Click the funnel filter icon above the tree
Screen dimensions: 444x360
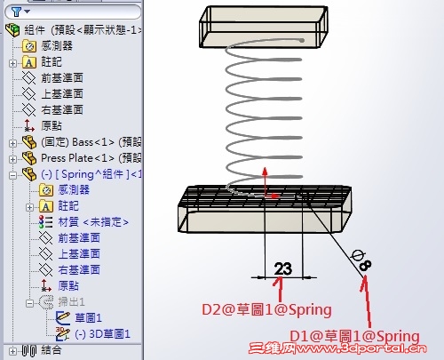click(x=16, y=12)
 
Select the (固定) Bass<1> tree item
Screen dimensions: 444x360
click(x=91, y=142)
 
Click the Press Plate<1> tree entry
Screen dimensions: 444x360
click(x=91, y=158)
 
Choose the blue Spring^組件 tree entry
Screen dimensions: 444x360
click(x=91, y=174)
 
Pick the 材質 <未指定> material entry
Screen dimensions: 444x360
click(x=93, y=222)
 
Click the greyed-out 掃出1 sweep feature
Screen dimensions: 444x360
click(x=71, y=302)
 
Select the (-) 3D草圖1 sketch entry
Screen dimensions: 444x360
click(x=102, y=334)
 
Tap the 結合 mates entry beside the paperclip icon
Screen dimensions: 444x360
click(x=52, y=350)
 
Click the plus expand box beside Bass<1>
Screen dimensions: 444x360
click(x=12, y=143)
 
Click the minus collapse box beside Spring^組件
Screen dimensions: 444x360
click(x=12, y=175)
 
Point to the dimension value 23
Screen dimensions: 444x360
click(x=283, y=269)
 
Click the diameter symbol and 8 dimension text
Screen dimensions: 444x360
click(x=361, y=260)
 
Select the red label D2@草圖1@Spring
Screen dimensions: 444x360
click(x=266, y=310)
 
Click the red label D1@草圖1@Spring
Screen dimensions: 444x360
click(x=354, y=337)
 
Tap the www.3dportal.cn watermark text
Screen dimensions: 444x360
click(x=361, y=348)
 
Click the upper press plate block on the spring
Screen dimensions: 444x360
click(x=264, y=27)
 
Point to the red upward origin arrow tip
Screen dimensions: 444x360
click(x=265, y=168)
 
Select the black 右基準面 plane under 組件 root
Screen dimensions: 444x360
click(x=62, y=110)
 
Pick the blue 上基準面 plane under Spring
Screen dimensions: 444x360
click(x=79, y=254)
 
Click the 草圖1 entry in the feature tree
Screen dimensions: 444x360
click(x=88, y=318)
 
